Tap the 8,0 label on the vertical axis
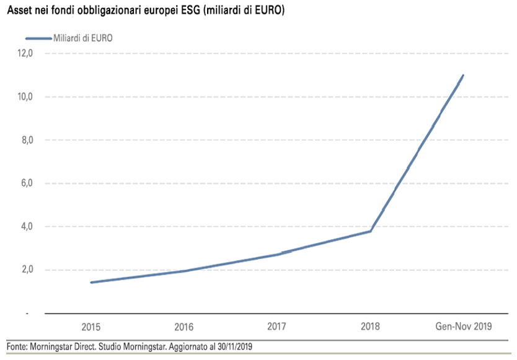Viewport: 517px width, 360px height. click(25, 140)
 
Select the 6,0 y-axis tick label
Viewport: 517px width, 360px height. click(25, 183)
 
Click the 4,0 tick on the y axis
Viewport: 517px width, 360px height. click(25, 226)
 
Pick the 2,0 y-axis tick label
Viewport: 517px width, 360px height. click(25, 270)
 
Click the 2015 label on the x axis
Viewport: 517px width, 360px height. click(91, 327)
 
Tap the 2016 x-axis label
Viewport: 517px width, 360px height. click(184, 327)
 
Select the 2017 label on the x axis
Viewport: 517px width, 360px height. click(277, 326)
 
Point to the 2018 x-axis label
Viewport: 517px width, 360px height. click(370, 326)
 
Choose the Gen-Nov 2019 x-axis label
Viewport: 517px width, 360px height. click(463, 327)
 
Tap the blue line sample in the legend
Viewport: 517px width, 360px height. click(29, 38)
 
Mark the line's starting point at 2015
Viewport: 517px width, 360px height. click(91, 283)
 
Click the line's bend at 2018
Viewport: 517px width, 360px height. click(371, 231)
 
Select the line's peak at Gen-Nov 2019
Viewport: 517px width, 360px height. click(463, 76)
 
